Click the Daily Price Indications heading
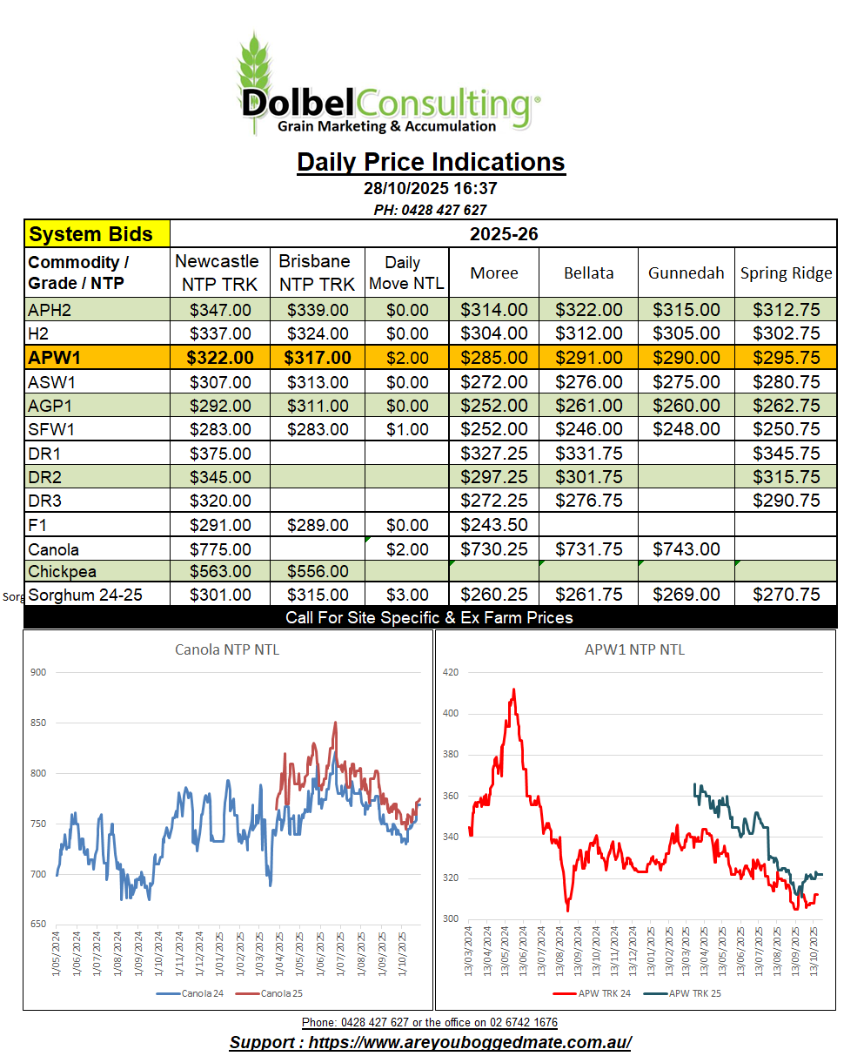(431, 162)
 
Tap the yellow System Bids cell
(97, 234)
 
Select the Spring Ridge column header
(786, 272)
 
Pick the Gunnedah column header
(686, 272)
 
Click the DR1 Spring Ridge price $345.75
(786, 454)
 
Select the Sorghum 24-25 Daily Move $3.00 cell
(406, 595)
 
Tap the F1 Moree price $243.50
(493, 525)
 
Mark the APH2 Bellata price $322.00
(588, 310)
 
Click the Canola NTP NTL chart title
(227, 649)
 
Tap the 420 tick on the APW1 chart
(449, 672)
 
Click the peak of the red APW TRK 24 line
(513, 689)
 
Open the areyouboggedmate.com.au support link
(430, 1043)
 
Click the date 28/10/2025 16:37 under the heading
(430, 188)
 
